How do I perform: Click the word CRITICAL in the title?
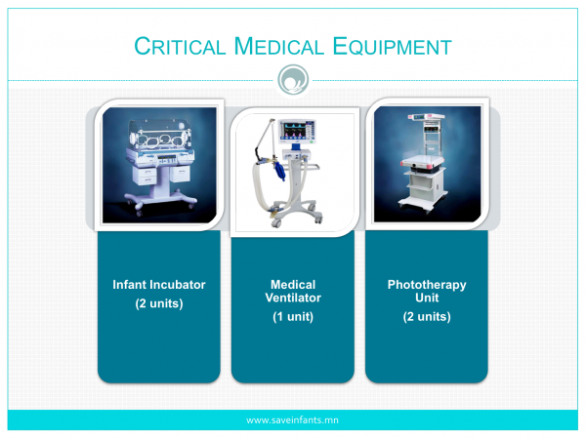pos(180,46)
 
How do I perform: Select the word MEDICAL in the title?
pos(278,46)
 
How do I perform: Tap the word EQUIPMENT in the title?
pos(392,46)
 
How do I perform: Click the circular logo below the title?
pos(293,80)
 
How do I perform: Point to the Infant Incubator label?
pos(159,285)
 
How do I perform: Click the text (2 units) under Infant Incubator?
pos(159,303)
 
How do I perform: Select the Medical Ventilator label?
pos(293,291)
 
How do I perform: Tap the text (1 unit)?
pos(293,317)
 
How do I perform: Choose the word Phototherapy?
pos(427,285)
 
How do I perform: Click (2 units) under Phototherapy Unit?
pos(427,317)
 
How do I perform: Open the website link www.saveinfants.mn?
pos(292,420)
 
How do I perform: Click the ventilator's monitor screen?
pos(297,132)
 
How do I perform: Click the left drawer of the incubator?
pos(145,176)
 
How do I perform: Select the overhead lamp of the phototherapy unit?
pos(426,117)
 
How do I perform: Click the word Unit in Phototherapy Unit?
pos(427,298)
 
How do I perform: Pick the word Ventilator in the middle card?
pos(293,298)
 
